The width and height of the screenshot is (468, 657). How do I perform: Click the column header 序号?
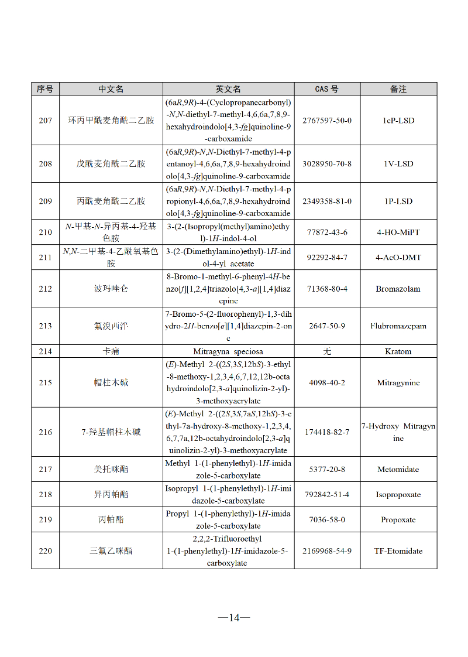point(45,89)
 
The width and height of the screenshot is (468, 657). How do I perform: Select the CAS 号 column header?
point(326,89)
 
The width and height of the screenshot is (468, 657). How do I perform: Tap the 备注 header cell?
point(398,89)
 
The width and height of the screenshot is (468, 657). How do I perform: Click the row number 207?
point(45,121)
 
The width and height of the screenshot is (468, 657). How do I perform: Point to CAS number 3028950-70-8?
point(326,164)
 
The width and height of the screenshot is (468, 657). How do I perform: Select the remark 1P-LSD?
point(398,201)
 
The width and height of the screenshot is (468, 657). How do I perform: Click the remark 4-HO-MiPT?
point(398,232)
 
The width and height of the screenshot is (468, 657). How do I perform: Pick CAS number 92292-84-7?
point(326,258)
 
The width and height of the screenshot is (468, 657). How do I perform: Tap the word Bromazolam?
point(398,289)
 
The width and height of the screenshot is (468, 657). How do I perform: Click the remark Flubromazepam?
point(398,326)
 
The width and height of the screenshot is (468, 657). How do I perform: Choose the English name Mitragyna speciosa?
point(228,351)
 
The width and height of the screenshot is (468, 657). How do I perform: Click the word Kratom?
point(398,351)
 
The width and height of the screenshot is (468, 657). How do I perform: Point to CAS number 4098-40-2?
point(326,383)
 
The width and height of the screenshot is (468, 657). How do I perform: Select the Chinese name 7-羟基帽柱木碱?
point(111,432)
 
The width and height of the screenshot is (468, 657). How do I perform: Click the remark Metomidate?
point(398,470)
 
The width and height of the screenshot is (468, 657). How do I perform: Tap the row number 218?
point(45,495)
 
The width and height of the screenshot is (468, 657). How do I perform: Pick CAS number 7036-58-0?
point(326,520)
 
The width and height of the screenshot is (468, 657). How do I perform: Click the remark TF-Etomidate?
point(398,551)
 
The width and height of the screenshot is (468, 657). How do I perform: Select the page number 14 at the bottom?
point(234,617)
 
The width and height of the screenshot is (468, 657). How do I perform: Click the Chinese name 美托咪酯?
point(111,470)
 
